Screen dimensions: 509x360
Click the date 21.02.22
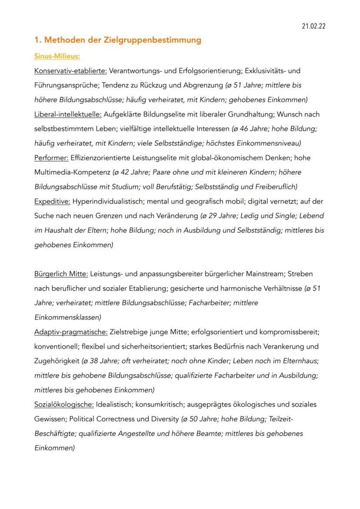313,27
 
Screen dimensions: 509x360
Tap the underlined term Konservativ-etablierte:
70,70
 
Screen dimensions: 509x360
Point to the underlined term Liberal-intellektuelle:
68,114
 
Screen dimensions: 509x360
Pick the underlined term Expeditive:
52,201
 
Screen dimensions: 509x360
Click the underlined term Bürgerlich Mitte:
61,274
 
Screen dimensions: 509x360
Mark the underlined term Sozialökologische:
64,405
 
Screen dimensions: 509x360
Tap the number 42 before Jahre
124,172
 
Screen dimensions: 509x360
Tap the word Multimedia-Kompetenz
72,172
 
